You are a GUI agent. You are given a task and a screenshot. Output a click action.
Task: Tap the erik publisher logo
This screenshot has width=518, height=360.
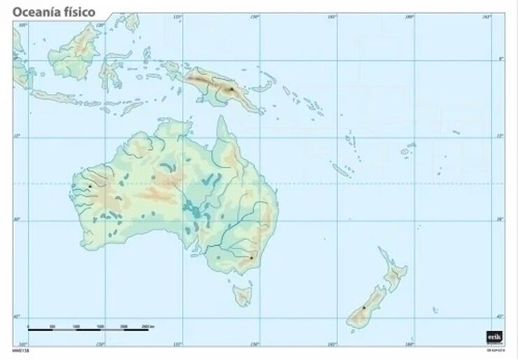pyautogui.click(x=492, y=337)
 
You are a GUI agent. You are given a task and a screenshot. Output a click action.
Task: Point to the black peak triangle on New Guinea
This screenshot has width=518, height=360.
pyautogui.click(x=231, y=89)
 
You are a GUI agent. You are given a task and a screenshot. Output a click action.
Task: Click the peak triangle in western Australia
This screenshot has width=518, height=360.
pyautogui.click(x=90, y=186)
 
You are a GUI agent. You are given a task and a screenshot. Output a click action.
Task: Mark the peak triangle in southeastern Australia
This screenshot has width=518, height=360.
pyautogui.click(x=251, y=258)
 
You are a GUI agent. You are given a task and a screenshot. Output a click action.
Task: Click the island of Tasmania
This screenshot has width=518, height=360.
pyautogui.click(x=242, y=295)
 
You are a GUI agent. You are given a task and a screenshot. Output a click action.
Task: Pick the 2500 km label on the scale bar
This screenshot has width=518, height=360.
pyautogui.click(x=148, y=327)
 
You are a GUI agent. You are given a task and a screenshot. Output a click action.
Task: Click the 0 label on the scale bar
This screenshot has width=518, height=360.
pyautogui.click(x=29, y=327)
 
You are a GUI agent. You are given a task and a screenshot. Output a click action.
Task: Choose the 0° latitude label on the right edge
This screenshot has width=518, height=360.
pyautogui.click(x=500, y=59)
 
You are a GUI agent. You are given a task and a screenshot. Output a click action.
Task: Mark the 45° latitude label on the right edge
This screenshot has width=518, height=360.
pyautogui.click(x=500, y=317)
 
